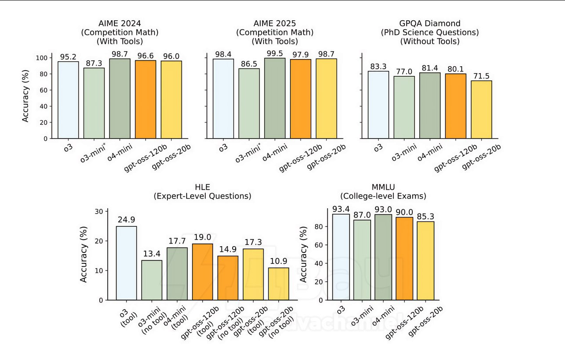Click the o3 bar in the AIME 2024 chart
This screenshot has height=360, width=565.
point(68,100)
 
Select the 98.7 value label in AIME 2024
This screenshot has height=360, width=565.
point(120,53)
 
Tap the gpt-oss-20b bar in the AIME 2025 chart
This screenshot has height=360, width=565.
point(326,98)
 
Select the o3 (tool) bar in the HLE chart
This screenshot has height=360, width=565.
point(126,263)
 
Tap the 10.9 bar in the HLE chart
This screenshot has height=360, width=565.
point(279,284)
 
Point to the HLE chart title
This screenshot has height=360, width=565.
point(202,192)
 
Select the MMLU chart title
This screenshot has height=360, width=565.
point(383,192)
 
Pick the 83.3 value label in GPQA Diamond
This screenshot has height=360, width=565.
point(378,66)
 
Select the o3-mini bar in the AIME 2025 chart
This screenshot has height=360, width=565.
point(249,103)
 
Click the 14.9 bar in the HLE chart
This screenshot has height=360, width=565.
point(228,278)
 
